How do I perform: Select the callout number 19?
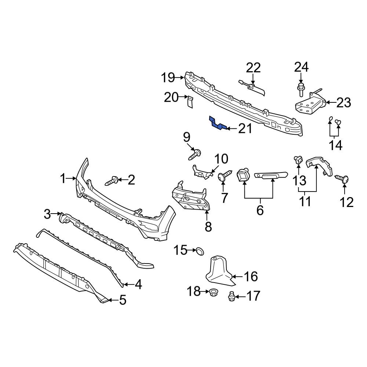169,78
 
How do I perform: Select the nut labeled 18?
213,292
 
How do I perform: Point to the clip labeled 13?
297,160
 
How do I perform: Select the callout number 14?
335,145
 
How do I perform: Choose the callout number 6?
260,211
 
